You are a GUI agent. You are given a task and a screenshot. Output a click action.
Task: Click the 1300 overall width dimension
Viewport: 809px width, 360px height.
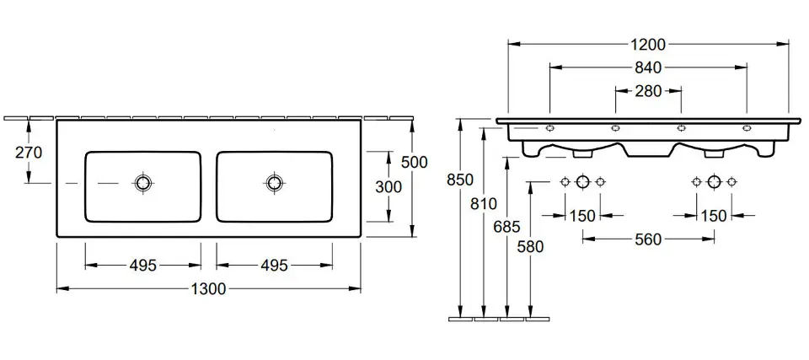[209, 289]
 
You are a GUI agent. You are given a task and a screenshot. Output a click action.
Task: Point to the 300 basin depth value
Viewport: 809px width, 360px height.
[388, 187]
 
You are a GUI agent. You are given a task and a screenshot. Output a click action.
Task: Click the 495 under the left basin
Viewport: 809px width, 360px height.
[143, 266]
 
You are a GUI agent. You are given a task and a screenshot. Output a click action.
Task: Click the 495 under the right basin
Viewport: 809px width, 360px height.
[274, 266]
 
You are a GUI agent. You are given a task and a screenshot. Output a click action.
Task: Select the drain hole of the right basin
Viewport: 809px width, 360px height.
[274, 182]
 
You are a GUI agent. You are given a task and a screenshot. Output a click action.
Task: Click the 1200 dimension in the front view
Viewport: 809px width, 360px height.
[647, 44]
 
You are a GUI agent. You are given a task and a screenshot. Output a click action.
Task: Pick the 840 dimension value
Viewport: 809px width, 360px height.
[647, 67]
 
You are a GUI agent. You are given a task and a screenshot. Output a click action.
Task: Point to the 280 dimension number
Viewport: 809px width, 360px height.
[647, 90]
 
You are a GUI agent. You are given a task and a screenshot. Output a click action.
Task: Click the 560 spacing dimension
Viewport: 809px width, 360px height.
[647, 239]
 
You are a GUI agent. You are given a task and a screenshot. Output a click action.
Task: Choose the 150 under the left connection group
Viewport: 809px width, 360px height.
[582, 217]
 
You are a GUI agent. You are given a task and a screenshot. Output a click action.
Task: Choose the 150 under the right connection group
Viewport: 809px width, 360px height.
[714, 217]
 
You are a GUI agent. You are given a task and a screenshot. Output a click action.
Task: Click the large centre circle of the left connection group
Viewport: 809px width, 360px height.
[582, 181]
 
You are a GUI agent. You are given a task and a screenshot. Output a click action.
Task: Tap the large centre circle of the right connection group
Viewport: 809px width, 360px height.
[714, 181]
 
